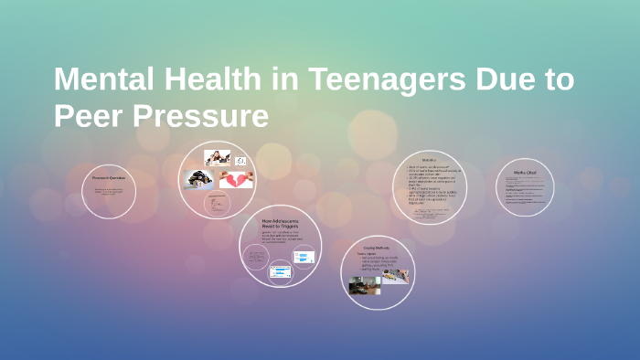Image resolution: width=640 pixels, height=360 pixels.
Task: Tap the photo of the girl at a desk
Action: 218,158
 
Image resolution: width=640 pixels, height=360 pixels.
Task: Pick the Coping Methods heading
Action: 378,248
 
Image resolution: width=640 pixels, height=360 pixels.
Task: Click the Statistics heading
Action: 429,161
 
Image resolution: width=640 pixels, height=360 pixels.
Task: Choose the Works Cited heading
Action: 525,172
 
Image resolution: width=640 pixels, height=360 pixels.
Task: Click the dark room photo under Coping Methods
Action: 364,286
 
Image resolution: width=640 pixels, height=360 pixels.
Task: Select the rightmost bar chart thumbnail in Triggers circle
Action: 304,257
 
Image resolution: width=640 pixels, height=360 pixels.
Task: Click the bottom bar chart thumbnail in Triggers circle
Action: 280,271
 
